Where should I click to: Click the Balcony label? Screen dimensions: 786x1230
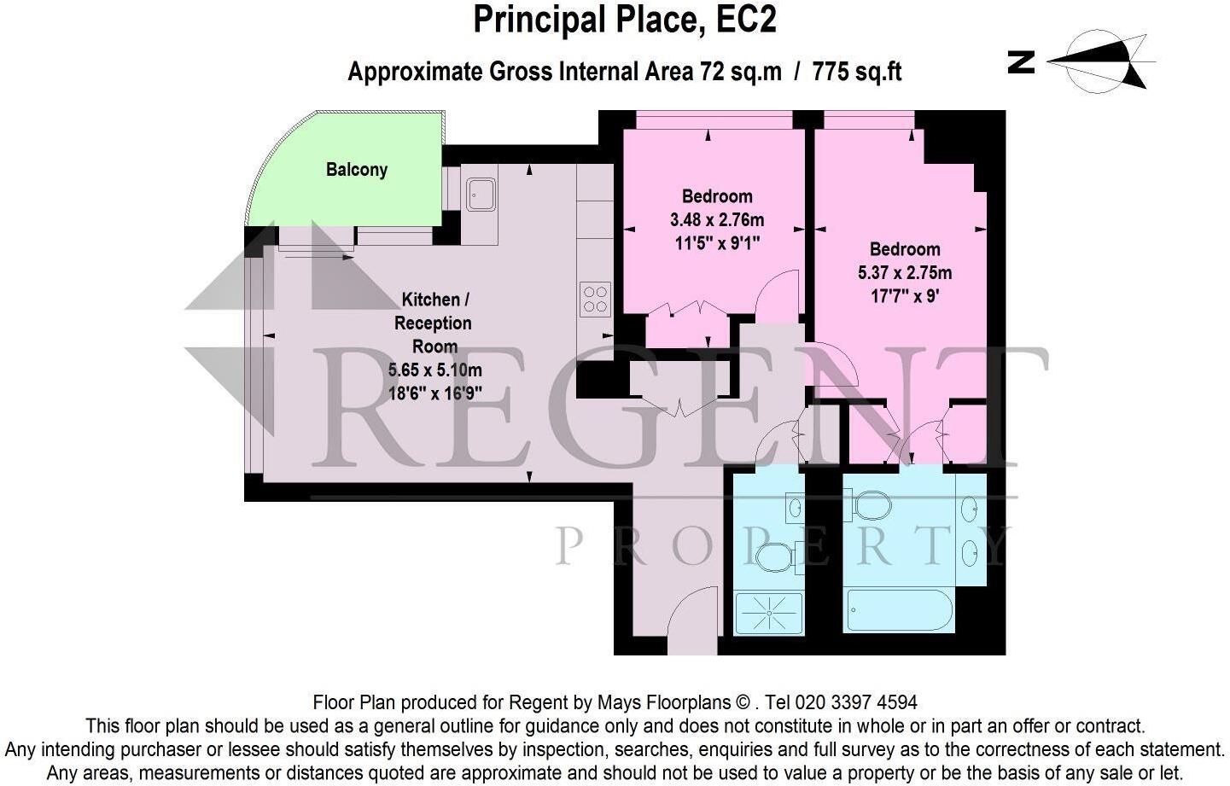pos(356,169)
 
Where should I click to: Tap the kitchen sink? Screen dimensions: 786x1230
pos(481,194)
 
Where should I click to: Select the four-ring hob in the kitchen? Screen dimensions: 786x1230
pos(595,299)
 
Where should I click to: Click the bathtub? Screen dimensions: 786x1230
pos(898,610)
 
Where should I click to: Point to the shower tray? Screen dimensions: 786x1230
pos(768,614)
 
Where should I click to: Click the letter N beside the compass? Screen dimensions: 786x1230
pos(1022,61)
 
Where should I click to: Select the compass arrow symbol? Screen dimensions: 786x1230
pos(1101,61)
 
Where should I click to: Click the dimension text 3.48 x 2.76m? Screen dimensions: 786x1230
pos(716,220)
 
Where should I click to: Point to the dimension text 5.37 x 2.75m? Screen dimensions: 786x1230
pos(904,273)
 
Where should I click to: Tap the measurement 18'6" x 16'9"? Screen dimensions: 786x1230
pos(434,393)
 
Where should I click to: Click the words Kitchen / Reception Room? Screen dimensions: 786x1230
pos(434,323)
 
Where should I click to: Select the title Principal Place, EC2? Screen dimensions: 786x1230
pos(625,20)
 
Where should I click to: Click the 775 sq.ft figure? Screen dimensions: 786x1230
pos(856,72)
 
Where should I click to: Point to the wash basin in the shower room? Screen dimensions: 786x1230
pos(794,509)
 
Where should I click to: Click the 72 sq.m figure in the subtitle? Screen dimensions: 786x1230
pos(740,72)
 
